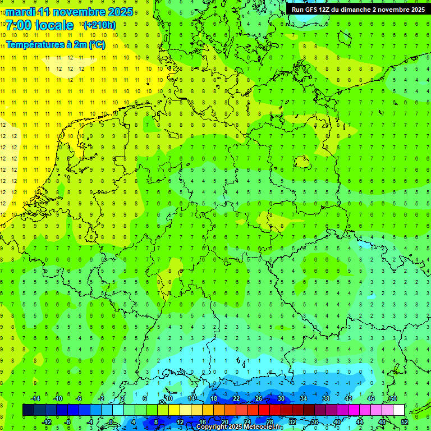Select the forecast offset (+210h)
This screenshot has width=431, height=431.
[x=99, y=25]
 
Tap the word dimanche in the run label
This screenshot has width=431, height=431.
[x=366, y=10]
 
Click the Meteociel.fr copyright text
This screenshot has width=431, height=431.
[x=239, y=427]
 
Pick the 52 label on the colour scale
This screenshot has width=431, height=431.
[x=405, y=422]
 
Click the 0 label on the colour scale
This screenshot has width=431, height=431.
[x=111, y=422]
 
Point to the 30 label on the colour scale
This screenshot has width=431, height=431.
[x=281, y=398]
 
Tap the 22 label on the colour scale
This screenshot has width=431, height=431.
[x=236, y=398]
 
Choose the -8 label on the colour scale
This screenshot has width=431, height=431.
[x=68, y=422]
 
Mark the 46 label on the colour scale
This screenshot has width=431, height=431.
[x=371, y=398]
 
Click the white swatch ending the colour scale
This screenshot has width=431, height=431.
[x=398, y=410]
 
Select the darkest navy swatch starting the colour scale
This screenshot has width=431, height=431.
[x=28, y=410]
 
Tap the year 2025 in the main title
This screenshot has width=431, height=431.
[x=120, y=12]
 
